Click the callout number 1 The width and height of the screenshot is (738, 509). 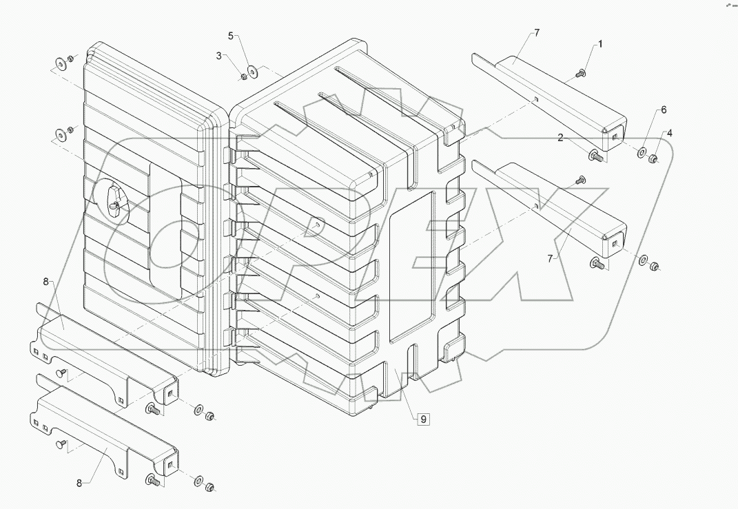point(599,44)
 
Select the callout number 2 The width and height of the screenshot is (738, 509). point(561,138)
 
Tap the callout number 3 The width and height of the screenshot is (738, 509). point(218,56)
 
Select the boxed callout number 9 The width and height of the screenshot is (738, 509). point(422,418)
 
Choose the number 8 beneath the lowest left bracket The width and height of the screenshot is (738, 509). point(79,484)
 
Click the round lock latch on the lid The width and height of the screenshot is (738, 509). point(112,201)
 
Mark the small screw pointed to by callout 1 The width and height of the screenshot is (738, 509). point(582,72)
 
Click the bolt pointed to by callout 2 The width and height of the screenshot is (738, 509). point(595,157)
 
